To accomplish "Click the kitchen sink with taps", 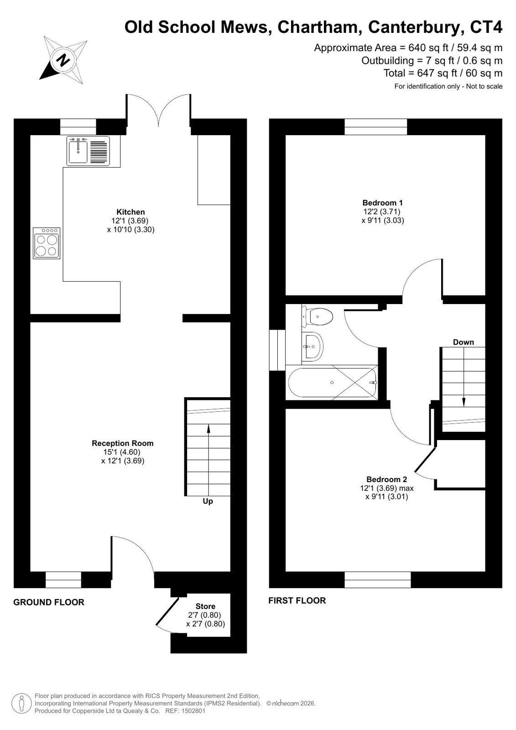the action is click(x=88, y=151).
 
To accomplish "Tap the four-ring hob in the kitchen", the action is click(x=47, y=243).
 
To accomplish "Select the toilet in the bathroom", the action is click(x=317, y=316).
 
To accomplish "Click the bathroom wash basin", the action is click(x=312, y=347).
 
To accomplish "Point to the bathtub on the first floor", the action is click(x=332, y=382).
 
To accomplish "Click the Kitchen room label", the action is click(x=130, y=212).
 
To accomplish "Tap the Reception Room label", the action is click(x=122, y=443).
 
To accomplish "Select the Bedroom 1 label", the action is click(x=382, y=203).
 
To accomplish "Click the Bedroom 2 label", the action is click(x=387, y=479).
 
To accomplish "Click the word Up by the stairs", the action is click(x=208, y=501).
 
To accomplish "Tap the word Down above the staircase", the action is click(x=463, y=342).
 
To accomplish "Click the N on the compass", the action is click(x=63, y=60).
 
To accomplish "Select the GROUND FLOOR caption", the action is click(x=49, y=602).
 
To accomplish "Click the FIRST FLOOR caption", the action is click(x=297, y=601).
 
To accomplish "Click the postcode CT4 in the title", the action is click(x=486, y=27).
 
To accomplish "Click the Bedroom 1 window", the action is click(x=375, y=127).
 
